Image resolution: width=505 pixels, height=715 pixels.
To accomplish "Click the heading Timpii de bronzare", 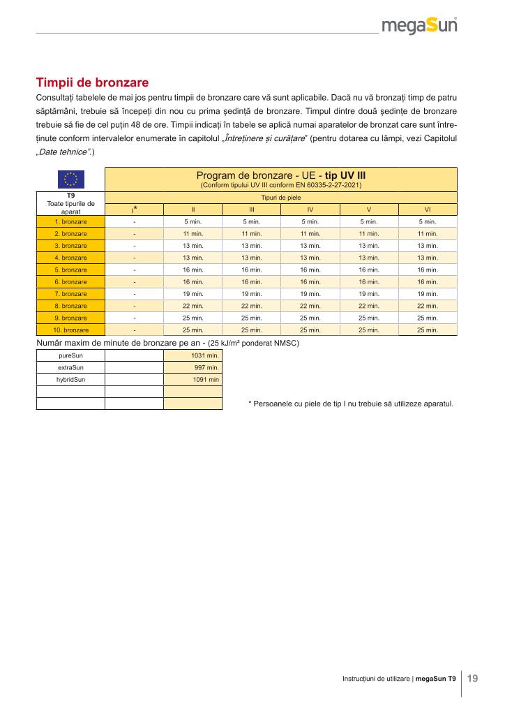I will (x=92, y=82).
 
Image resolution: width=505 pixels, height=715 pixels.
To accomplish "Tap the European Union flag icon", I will (x=70, y=179).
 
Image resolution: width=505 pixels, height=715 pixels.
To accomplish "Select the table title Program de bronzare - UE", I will (x=280, y=175).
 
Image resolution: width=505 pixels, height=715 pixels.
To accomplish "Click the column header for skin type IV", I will (x=310, y=209).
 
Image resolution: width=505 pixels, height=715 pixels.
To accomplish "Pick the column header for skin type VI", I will (x=427, y=209).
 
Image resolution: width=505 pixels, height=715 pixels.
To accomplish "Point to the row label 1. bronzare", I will (x=70, y=221).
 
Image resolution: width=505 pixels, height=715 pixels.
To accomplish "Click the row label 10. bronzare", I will (x=70, y=330).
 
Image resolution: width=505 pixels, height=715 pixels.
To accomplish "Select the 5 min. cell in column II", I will (x=193, y=221).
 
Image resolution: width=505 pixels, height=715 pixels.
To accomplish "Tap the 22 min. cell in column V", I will (x=368, y=306).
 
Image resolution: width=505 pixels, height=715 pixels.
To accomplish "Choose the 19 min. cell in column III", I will (x=251, y=294).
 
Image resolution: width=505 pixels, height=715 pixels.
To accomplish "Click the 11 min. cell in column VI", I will (x=427, y=234).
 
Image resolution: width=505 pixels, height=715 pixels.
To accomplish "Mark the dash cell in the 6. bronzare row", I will (x=134, y=282).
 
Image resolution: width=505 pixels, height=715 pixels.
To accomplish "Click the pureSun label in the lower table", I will (x=70, y=355).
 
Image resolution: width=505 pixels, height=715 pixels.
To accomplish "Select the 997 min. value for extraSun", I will (x=206, y=367).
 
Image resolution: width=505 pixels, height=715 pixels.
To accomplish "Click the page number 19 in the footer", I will (x=473, y=678).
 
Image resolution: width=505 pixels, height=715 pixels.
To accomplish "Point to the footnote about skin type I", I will (x=350, y=404).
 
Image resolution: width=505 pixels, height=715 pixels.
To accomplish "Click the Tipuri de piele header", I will (x=280, y=198).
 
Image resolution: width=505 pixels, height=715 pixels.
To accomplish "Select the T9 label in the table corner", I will (x=70, y=196).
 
